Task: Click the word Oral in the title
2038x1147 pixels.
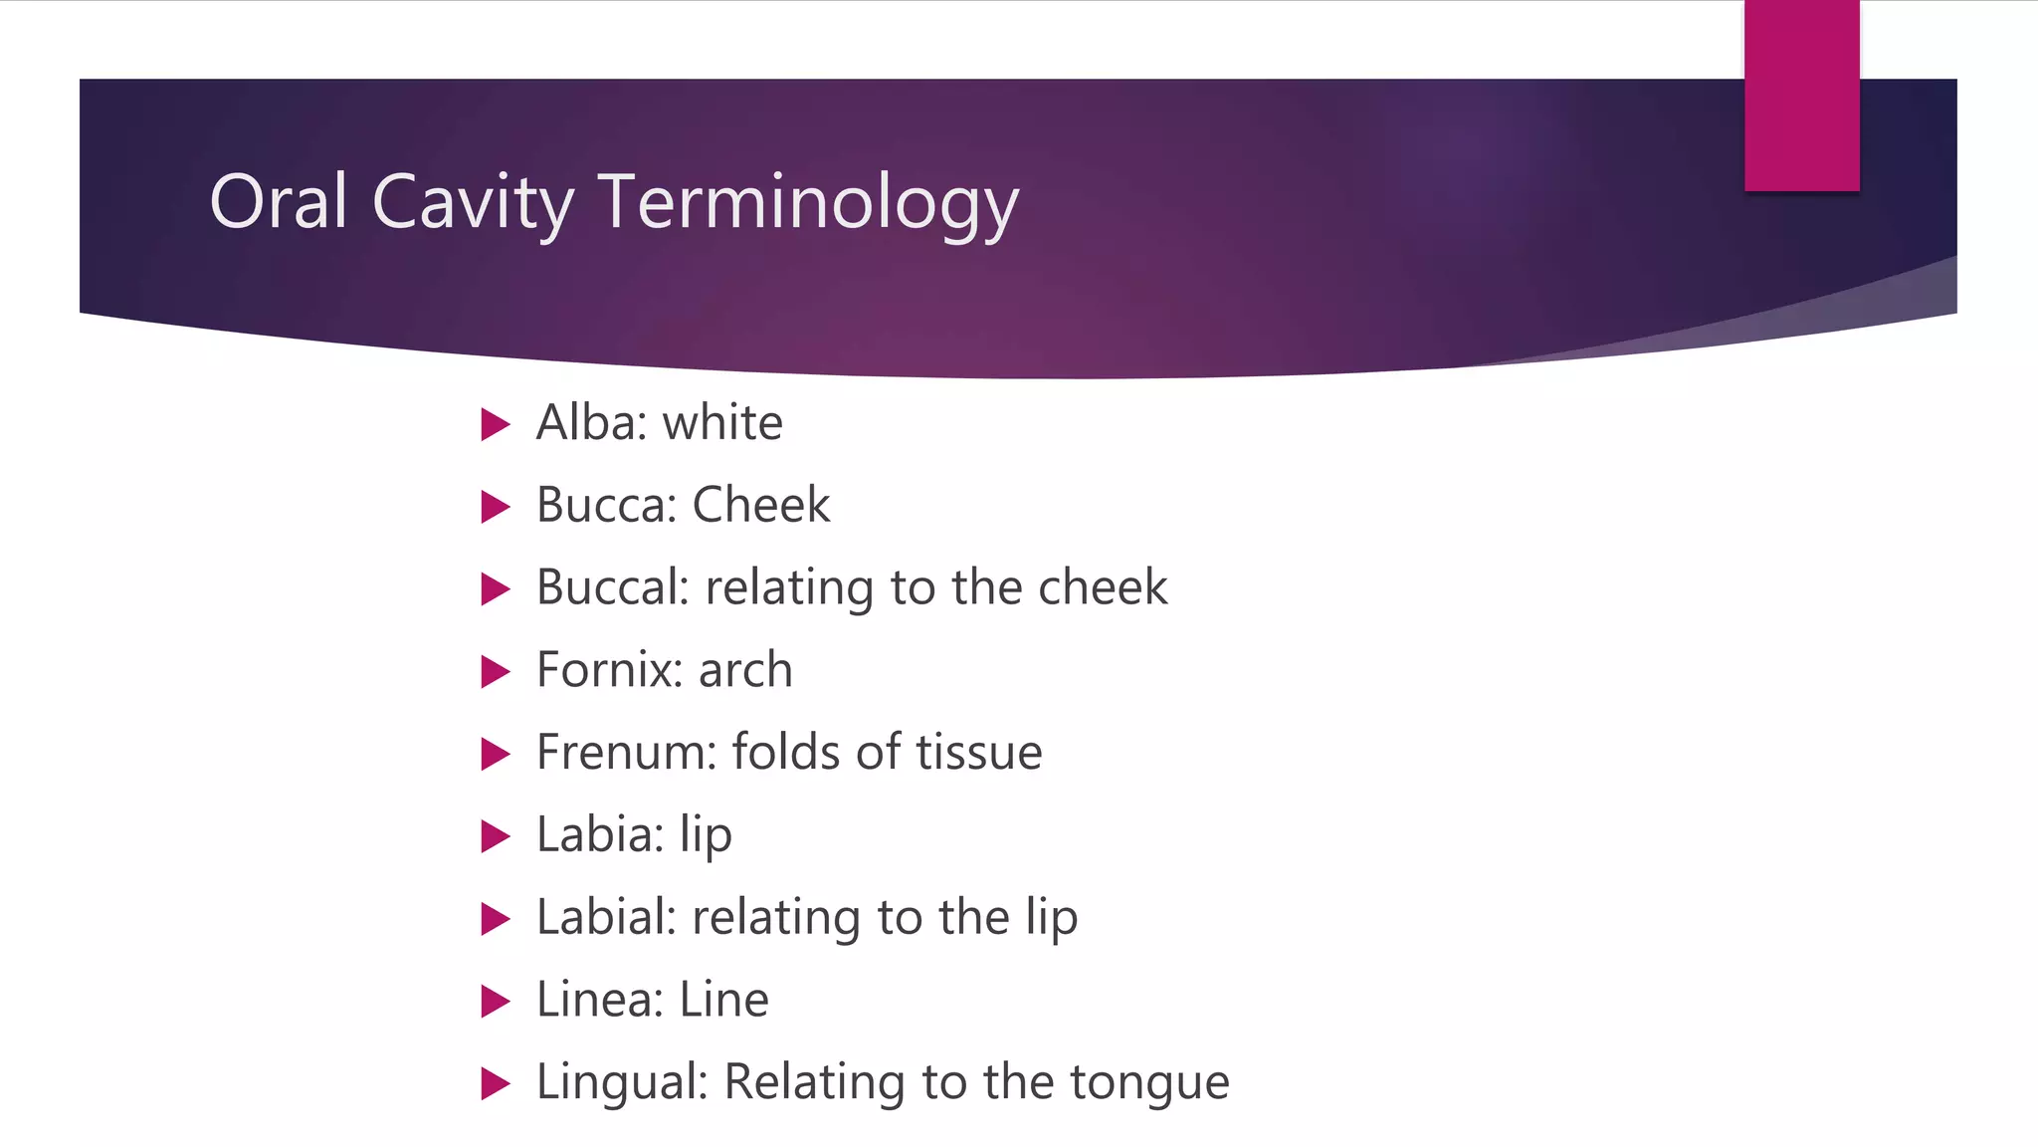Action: tap(278, 202)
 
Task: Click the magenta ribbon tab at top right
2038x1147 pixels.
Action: tap(1801, 96)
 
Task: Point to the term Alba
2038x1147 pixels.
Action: tap(586, 422)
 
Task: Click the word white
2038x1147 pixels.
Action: tap(722, 422)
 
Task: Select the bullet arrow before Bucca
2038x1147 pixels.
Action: tap(495, 506)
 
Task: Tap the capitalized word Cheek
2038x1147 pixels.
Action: tap(760, 505)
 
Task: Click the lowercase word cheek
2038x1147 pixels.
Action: tap(1103, 587)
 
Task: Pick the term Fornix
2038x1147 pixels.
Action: tap(603, 669)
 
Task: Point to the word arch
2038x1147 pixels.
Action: tap(745, 669)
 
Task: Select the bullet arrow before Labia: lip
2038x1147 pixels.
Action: tap(495, 835)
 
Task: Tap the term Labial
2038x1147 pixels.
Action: tap(601, 917)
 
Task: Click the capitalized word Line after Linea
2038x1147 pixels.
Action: tap(723, 1000)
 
